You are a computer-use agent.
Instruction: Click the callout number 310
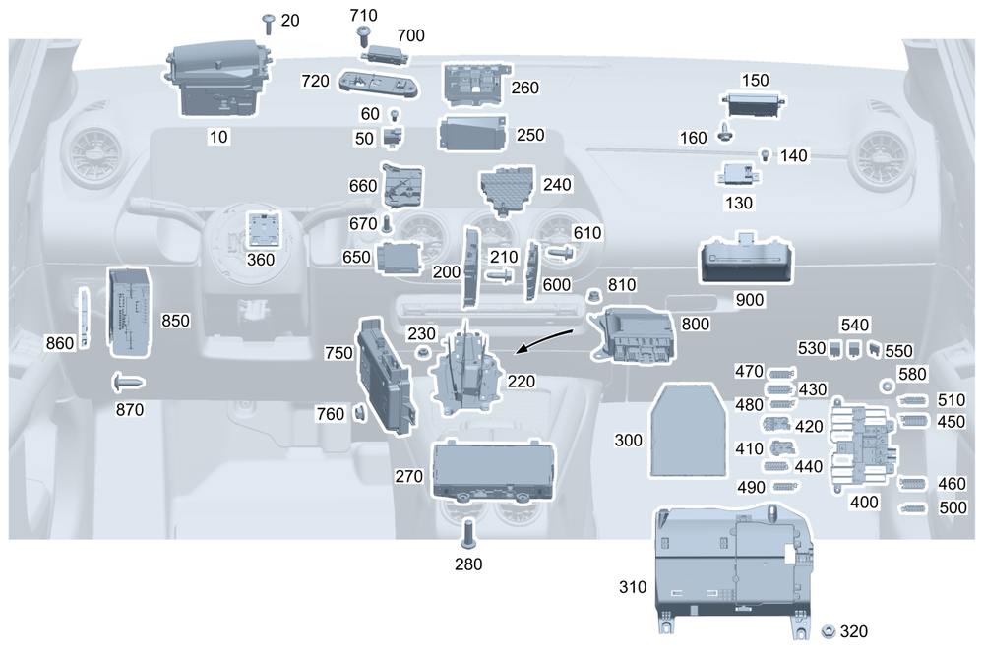click(634, 588)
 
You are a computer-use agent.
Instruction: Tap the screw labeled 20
click(268, 23)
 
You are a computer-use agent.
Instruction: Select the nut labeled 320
click(829, 629)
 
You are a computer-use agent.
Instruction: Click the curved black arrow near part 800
click(547, 339)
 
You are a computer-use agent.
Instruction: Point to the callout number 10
click(218, 137)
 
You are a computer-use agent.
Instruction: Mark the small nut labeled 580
click(887, 384)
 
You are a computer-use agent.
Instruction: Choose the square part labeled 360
click(262, 230)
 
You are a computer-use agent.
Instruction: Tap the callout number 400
click(864, 502)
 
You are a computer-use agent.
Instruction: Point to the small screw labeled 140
click(765, 154)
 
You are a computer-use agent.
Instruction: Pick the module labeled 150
click(753, 103)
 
